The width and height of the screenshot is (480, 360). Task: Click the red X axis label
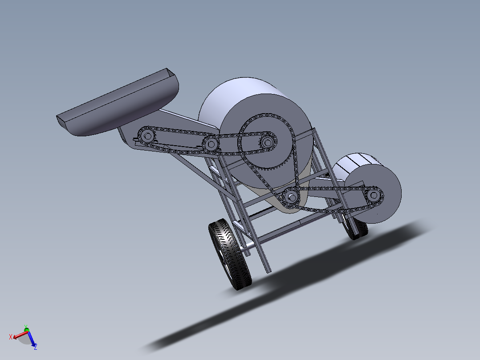click(11, 336)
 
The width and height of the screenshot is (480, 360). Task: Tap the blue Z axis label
click(35, 346)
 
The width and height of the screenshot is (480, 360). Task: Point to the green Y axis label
click(26, 327)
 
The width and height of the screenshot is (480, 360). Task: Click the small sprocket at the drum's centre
click(267, 142)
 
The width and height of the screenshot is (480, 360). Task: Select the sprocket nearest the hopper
click(146, 135)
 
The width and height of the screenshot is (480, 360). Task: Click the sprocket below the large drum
click(291, 196)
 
